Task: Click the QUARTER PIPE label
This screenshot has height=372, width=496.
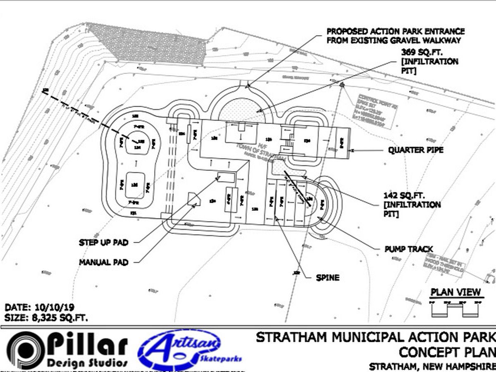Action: tap(415, 150)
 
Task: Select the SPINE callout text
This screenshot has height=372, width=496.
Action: tap(327, 277)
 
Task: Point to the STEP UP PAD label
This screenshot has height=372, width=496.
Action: tap(103, 243)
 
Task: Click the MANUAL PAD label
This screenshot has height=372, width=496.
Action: tap(103, 262)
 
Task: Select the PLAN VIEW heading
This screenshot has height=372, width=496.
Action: tap(456, 292)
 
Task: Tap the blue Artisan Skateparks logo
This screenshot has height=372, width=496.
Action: tap(189, 349)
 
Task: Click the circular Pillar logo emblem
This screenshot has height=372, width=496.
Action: tap(24, 350)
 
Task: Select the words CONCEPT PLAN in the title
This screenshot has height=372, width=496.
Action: tap(447, 352)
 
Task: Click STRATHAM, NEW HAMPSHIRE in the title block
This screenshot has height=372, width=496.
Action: tap(432, 367)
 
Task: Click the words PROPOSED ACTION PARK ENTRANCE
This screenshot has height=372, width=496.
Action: tap(396, 31)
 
